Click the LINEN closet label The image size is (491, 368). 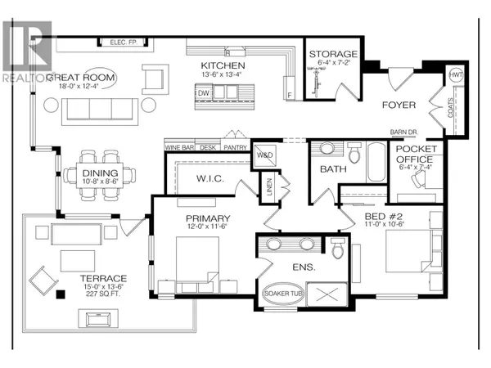(266, 186)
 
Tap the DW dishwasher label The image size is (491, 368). (201, 94)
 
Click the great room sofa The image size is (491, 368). (88, 106)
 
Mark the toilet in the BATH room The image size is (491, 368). (355, 153)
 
